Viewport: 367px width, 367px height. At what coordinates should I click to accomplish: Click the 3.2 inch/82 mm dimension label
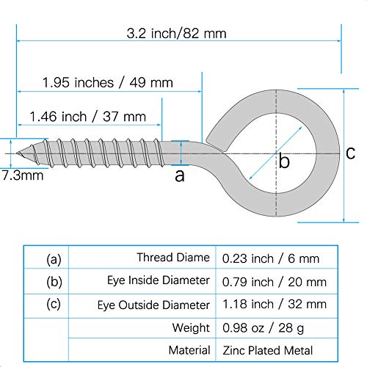tap(175, 33)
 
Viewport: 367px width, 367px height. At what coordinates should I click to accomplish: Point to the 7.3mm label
tap(22, 175)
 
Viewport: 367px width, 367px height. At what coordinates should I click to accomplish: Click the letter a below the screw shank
tap(180, 175)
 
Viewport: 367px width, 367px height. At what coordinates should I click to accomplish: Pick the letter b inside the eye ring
tap(284, 161)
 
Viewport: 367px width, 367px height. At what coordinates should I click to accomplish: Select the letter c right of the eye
tap(350, 152)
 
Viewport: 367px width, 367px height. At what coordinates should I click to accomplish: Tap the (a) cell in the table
tap(53, 258)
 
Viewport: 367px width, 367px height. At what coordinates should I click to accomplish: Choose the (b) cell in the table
tap(53, 280)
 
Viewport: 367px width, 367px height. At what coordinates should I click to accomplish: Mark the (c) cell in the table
tap(53, 303)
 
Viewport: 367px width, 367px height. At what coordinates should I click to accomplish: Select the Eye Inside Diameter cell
tap(161, 280)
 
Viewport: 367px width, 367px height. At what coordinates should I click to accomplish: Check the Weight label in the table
tap(192, 327)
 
